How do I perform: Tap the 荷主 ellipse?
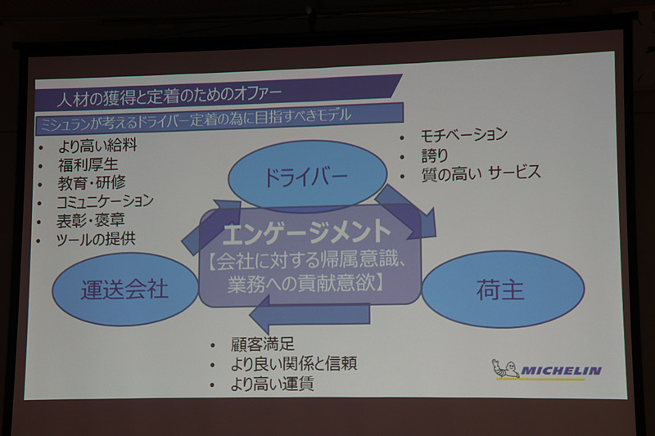(x=502, y=289)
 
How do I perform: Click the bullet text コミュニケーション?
(x=105, y=202)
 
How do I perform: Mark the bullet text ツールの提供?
(x=96, y=239)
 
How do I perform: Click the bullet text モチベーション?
(x=463, y=134)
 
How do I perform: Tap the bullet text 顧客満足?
(x=262, y=344)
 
